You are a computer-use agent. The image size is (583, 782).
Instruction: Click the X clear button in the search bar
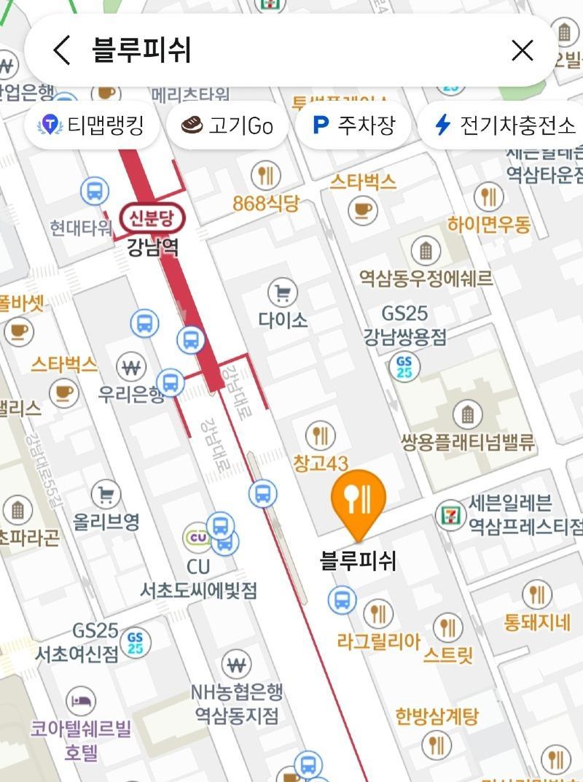(x=523, y=50)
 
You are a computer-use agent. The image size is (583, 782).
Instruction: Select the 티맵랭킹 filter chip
(x=91, y=125)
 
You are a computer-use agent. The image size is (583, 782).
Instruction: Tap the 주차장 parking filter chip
(x=354, y=125)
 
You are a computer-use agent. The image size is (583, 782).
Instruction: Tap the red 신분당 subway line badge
(x=153, y=217)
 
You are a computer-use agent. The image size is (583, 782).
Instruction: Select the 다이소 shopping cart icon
(x=282, y=293)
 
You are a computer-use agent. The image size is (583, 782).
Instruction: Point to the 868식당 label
(x=266, y=204)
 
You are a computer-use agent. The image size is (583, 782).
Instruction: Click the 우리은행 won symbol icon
(x=131, y=367)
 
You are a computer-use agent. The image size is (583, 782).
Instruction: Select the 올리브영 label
(x=106, y=522)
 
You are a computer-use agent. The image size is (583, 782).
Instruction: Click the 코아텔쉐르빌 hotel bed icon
(x=80, y=701)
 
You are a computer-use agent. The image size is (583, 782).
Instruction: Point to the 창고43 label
(x=321, y=462)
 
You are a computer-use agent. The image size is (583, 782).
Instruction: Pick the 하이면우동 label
(x=489, y=224)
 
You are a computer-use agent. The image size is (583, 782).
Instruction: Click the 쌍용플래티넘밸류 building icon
(x=467, y=415)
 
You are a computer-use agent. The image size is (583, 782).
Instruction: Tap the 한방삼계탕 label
(x=437, y=716)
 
